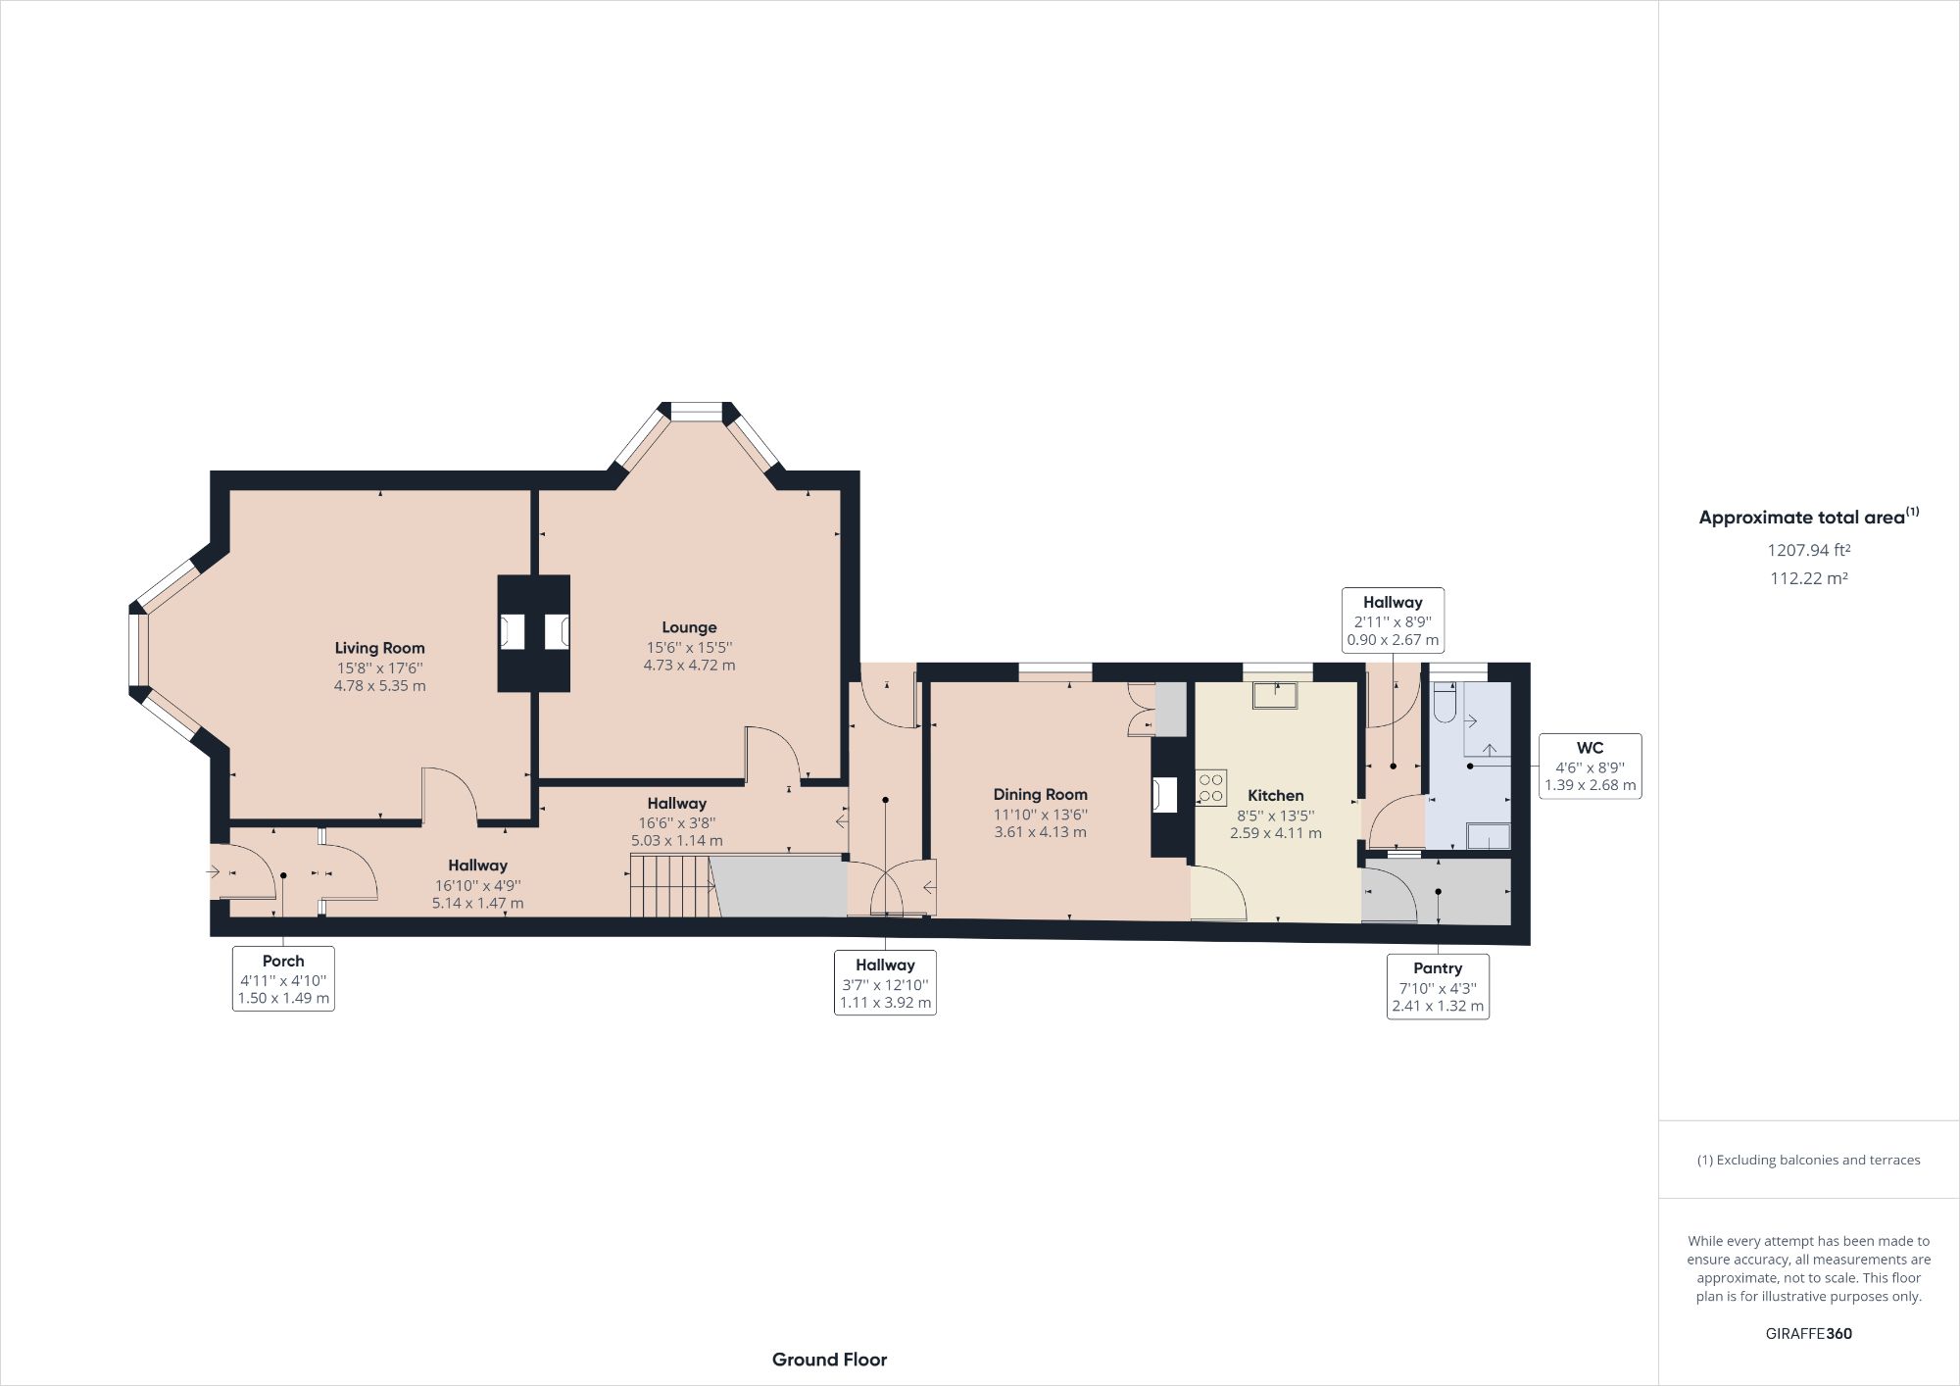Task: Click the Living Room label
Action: (379, 648)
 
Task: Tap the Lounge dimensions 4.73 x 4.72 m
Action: (689, 666)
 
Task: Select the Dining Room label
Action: (1040, 795)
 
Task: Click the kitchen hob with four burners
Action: (1211, 788)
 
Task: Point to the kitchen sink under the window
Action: (1275, 695)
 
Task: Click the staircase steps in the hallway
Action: (669, 885)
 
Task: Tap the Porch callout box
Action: (283, 978)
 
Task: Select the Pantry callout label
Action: (1438, 968)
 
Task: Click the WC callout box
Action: (1590, 767)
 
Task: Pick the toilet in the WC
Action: (1445, 706)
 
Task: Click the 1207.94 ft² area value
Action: (1808, 551)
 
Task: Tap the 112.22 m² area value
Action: (1808, 578)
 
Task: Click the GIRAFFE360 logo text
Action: (1808, 1333)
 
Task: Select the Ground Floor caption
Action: (829, 1360)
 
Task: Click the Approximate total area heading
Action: (1808, 518)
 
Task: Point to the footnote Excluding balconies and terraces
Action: (1808, 1161)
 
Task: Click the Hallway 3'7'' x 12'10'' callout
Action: (885, 983)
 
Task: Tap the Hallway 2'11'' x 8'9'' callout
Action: (1393, 620)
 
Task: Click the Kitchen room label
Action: (1275, 796)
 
